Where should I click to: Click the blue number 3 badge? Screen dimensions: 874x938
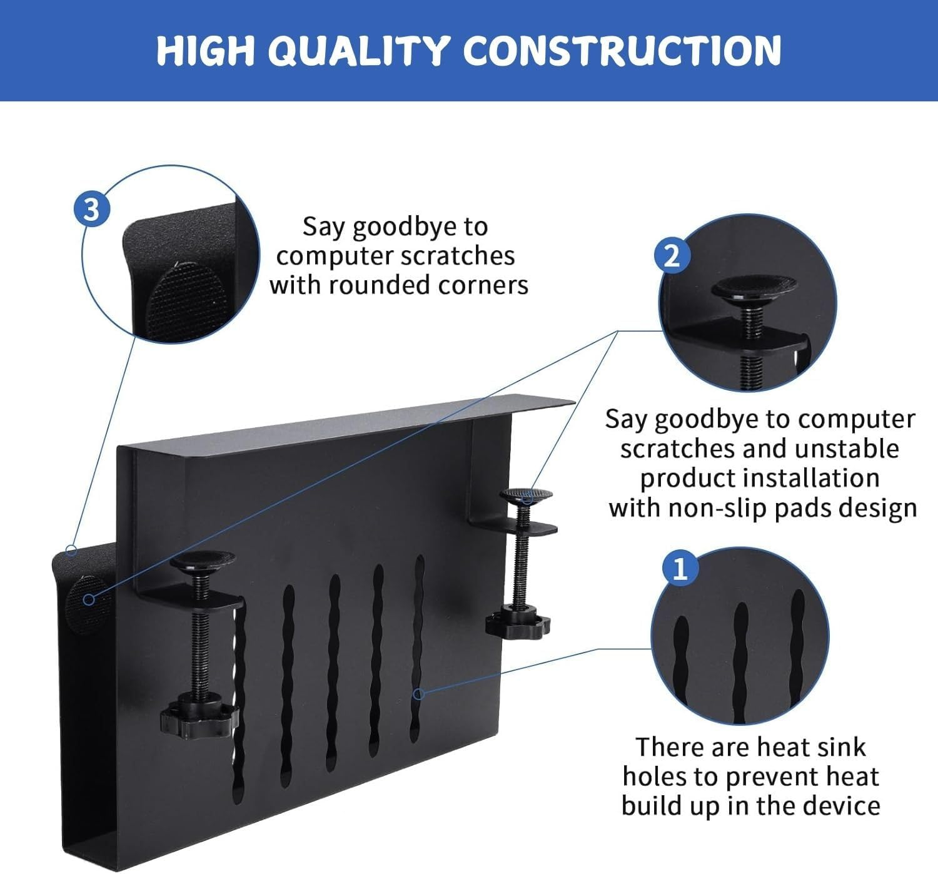(91, 209)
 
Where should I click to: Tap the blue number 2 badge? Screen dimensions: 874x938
(672, 255)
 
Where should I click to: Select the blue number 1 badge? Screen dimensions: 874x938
(680, 569)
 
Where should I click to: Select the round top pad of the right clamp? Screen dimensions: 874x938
(526, 495)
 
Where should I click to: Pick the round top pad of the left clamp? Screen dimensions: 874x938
(203, 559)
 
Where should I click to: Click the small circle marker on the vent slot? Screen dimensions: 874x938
(420, 693)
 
